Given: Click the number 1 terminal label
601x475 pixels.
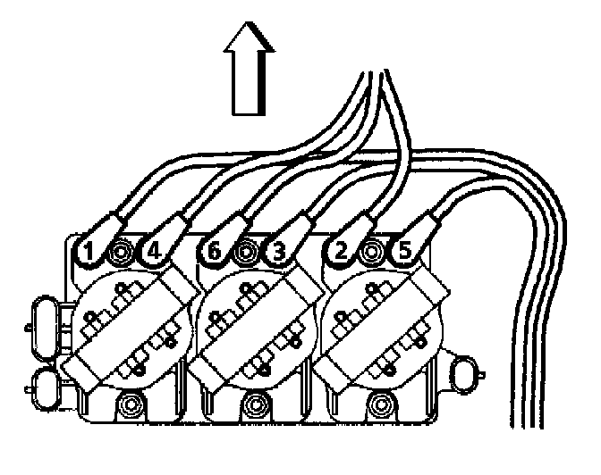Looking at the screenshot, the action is (88, 254).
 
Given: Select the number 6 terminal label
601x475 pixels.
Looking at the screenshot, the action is (212, 254).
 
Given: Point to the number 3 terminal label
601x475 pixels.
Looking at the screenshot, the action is (277, 254).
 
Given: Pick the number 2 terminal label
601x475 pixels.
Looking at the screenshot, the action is (339, 254).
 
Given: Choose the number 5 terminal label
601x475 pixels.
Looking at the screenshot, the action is (403, 254).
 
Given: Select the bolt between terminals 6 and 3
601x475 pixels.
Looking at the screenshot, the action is (244, 254).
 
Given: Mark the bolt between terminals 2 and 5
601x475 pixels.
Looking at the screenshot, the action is (371, 254).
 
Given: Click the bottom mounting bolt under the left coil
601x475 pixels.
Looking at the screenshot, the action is (132, 405).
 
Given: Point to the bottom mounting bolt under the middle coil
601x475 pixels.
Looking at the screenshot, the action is (257, 405).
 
